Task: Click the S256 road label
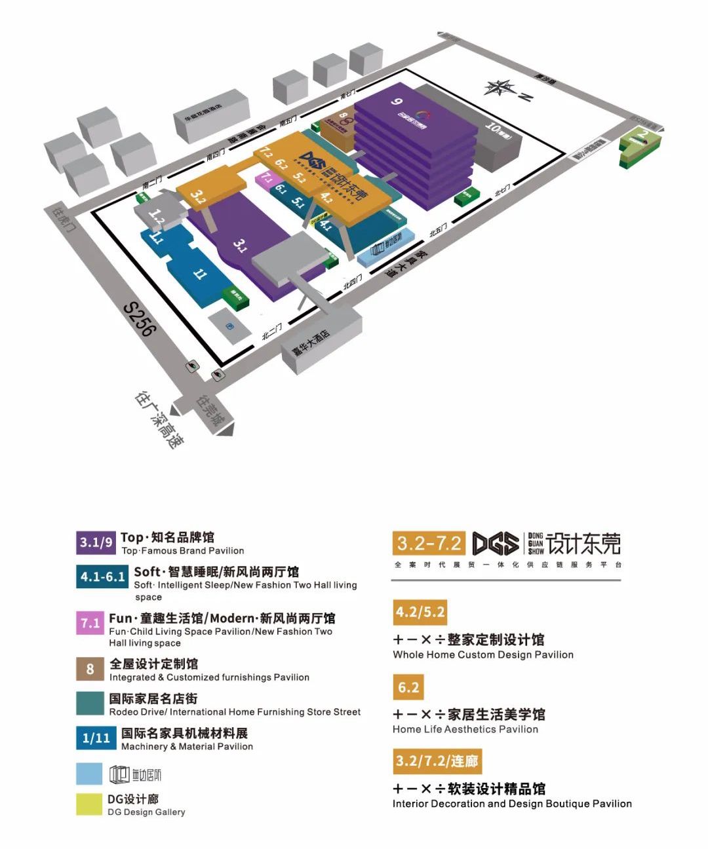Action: tap(140, 317)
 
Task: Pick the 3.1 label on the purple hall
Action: tap(240, 246)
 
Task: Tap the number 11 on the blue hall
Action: tap(199, 274)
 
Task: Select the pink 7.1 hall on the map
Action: tap(267, 178)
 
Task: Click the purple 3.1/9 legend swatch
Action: tap(96, 542)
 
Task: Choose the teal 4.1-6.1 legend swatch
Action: tap(102, 577)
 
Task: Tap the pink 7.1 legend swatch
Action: tap(90, 623)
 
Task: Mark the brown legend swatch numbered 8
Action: tap(90, 669)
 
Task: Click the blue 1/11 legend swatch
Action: tap(96, 738)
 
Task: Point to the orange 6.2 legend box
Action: tap(408, 687)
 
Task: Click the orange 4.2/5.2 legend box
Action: tap(420, 613)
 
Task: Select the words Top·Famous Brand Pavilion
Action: tap(182, 551)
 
